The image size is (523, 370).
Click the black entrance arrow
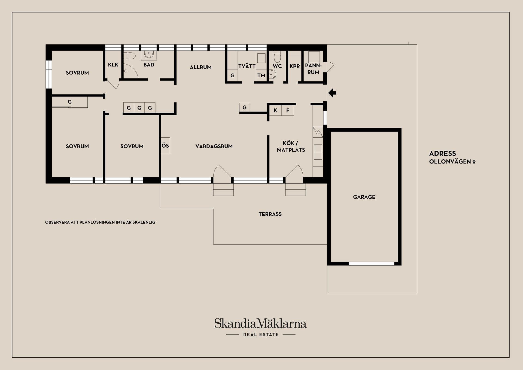pyautogui.click(x=332, y=93)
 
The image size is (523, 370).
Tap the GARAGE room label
pyautogui.click(x=364, y=197)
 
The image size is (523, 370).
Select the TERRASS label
pyautogui.click(x=270, y=214)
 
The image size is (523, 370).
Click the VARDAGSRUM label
pyautogui.click(x=214, y=146)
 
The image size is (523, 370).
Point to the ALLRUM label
pyautogui.click(x=200, y=67)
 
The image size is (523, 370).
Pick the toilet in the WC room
pyautogui.click(x=277, y=57)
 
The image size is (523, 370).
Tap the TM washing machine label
pyautogui.click(x=261, y=75)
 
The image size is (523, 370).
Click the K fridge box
pyautogui.click(x=275, y=110)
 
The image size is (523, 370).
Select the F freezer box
pyautogui.click(x=288, y=110)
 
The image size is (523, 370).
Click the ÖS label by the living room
pyautogui.click(x=165, y=145)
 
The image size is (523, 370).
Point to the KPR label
pyautogui.click(x=294, y=66)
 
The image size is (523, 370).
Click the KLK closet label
pyautogui.click(x=113, y=65)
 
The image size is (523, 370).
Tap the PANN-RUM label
pyautogui.click(x=313, y=69)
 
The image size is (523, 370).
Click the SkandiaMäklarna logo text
pyautogui.click(x=260, y=323)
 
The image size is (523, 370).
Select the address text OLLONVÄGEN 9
pyautogui.click(x=452, y=162)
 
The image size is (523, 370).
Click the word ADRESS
pyautogui.click(x=442, y=153)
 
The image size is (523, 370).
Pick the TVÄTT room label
pyautogui.click(x=247, y=66)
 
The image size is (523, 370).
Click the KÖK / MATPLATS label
pyautogui.click(x=291, y=147)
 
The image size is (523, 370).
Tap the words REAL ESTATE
pyautogui.click(x=261, y=335)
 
